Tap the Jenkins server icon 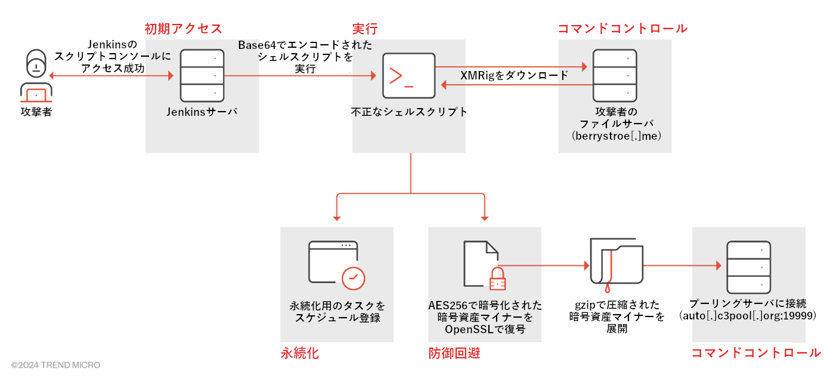[202, 75]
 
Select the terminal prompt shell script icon [409, 75]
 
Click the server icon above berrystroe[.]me [615, 75]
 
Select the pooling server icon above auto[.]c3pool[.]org [748, 266]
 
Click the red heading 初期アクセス [183, 29]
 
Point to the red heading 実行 [365, 29]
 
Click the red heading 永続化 [299, 354]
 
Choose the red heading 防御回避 [454, 354]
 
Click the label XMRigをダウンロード [514, 76]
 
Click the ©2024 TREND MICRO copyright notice [55, 365]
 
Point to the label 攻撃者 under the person [36, 112]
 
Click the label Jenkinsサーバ [202, 112]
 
